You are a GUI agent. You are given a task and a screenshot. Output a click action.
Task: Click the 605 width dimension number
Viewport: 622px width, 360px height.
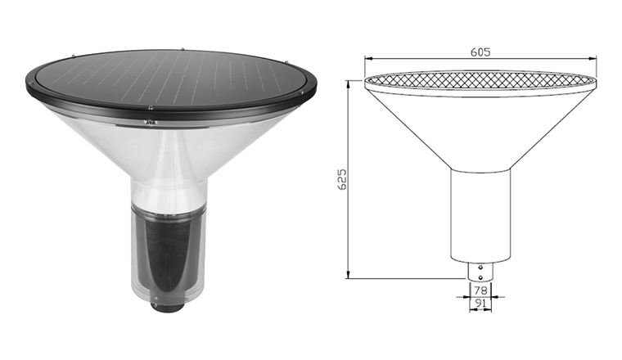(x=480, y=52)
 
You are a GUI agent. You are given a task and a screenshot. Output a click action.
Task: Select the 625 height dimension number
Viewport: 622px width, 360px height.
(x=341, y=179)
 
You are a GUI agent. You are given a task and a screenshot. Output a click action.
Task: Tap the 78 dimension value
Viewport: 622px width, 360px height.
(x=480, y=290)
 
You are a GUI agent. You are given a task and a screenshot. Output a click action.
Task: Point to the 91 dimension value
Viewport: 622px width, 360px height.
(x=480, y=304)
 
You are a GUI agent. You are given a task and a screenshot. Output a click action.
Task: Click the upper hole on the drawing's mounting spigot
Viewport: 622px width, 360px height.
(x=480, y=268)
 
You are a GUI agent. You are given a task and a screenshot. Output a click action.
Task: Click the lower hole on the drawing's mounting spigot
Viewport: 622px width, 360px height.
(x=480, y=277)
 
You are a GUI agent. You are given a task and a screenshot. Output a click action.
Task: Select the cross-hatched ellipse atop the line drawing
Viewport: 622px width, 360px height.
(x=480, y=79)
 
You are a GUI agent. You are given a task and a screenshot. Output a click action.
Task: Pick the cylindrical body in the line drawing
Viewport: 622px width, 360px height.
(x=480, y=216)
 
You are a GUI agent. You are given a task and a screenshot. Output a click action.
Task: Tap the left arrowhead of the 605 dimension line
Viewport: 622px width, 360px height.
(x=368, y=59)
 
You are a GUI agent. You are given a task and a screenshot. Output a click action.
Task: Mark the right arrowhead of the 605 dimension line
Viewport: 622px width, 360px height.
(x=593, y=59)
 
